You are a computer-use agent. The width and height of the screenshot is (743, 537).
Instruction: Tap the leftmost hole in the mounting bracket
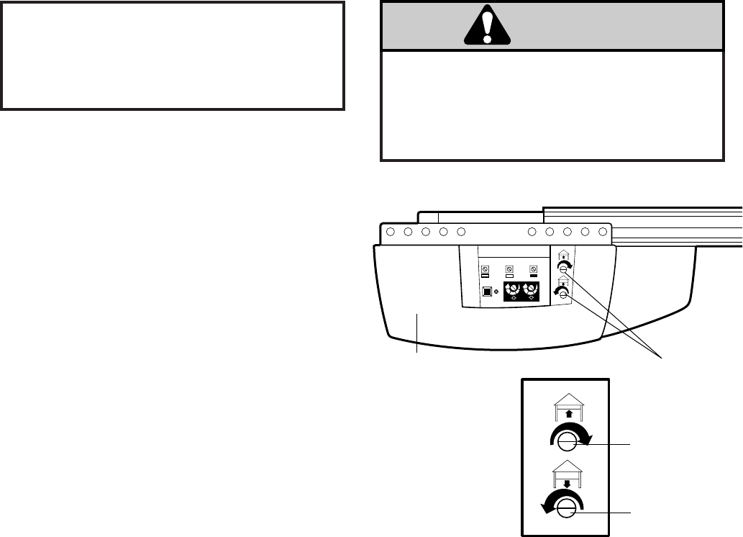tap(388, 232)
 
